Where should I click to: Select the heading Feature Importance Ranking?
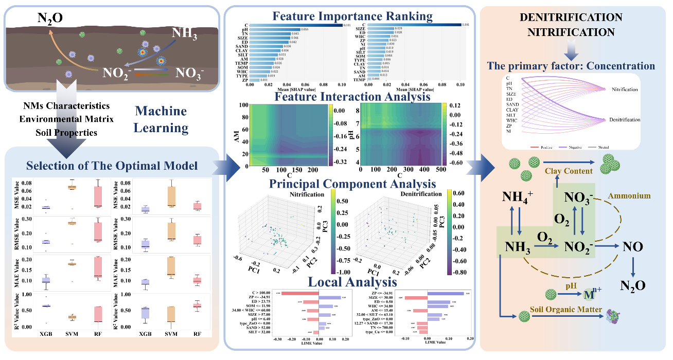click(353, 16)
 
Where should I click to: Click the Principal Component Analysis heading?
click(353, 183)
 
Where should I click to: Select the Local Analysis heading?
click(352, 282)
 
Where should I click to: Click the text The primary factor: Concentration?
click(571, 66)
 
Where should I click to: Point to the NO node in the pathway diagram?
click(632, 247)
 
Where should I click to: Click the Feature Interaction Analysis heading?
click(353, 97)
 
